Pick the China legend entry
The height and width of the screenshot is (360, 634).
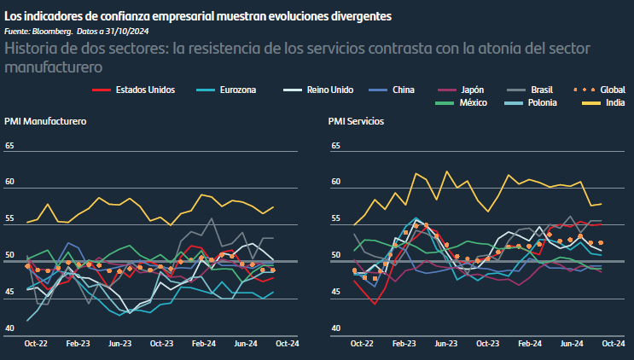tap(404, 90)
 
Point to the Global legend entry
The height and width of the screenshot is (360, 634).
tap(612, 90)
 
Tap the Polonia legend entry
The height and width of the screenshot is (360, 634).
tap(543, 102)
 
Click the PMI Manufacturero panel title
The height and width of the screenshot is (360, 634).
tap(45, 121)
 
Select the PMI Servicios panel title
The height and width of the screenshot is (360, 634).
tap(357, 121)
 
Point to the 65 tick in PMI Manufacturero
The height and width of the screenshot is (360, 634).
tap(10, 146)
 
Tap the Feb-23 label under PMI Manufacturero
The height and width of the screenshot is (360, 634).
tap(78, 344)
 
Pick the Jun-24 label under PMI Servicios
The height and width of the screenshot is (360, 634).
tap(572, 344)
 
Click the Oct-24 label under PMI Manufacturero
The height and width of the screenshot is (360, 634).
tap(287, 344)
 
